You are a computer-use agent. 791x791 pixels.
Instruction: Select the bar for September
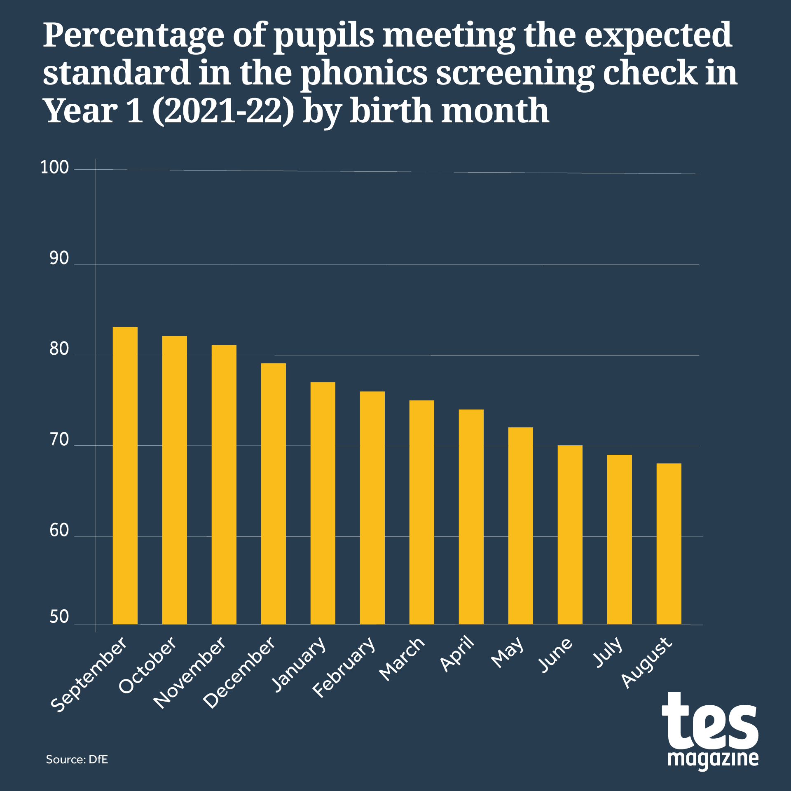pos(125,476)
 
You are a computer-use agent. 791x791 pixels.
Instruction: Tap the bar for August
pos(669,544)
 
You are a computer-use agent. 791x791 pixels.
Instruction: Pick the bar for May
pos(520,526)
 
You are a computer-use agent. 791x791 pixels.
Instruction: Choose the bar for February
pos(372,508)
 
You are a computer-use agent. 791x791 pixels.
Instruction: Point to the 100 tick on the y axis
pos(54,168)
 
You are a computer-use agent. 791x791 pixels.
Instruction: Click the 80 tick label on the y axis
pos(59,349)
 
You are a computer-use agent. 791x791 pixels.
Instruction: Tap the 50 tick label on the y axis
pos(59,617)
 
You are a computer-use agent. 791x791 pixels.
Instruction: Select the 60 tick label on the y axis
pos(59,531)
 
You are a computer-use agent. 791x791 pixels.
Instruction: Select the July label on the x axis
pos(608,652)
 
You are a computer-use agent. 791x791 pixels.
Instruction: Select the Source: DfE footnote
pos(77,760)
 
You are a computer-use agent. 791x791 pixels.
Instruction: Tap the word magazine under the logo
pos(713,758)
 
